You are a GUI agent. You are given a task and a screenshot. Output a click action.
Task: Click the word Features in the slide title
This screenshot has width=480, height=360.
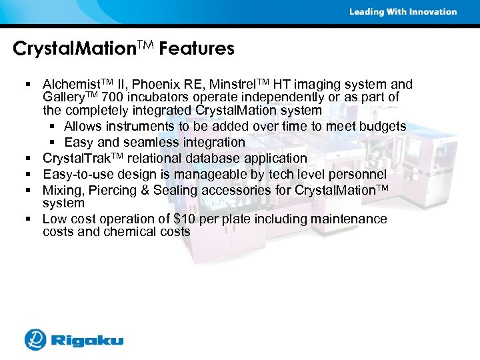point(197,49)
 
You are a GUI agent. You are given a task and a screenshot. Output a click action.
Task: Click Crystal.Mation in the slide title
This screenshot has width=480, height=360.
point(73,49)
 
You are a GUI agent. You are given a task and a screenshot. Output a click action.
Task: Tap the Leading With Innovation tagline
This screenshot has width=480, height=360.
point(403,11)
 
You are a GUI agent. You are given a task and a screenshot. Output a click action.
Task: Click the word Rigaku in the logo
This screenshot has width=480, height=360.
point(88,341)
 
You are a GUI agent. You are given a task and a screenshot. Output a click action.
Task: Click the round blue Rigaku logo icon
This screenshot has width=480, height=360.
point(35,339)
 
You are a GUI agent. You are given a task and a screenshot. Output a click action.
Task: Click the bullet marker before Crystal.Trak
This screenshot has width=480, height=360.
point(31,159)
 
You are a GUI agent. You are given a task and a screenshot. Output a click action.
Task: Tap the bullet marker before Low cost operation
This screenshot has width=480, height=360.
point(31,219)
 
